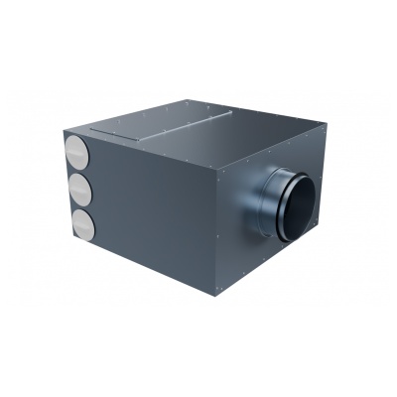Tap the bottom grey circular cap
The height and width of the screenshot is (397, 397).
point(78,223)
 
